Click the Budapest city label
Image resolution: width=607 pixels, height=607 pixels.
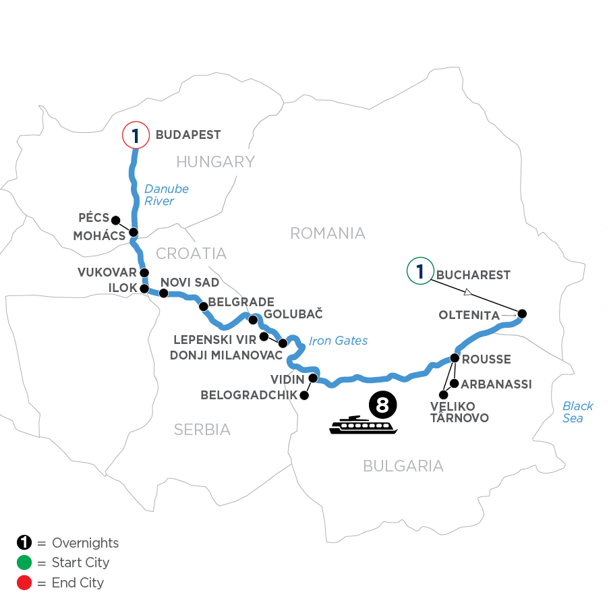pyautogui.click(x=188, y=135)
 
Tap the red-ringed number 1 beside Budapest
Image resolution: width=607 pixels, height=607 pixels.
pyautogui.click(x=136, y=136)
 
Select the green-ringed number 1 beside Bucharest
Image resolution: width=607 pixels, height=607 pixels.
pyautogui.click(x=420, y=272)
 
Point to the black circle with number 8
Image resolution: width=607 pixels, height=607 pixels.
pyautogui.click(x=382, y=405)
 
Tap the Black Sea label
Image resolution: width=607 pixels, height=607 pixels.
pyautogui.click(x=578, y=411)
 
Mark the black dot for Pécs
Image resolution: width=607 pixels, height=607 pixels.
pyautogui.click(x=115, y=220)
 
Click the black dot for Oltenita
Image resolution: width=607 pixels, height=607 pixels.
pyautogui.click(x=521, y=314)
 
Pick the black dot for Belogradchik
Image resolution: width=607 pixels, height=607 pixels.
pyautogui.click(x=304, y=396)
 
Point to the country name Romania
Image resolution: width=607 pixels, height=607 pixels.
pyautogui.click(x=327, y=233)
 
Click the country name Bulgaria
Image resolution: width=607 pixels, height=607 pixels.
pyautogui.click(x=403, y=465)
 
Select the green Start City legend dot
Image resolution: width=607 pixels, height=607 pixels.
pyautogui.click(x=24, y=562)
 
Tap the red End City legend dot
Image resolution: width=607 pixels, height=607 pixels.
pyautogui.click(x=24, y=582)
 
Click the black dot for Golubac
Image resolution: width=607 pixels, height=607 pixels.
pyautogui.click(x=254, y=320)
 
